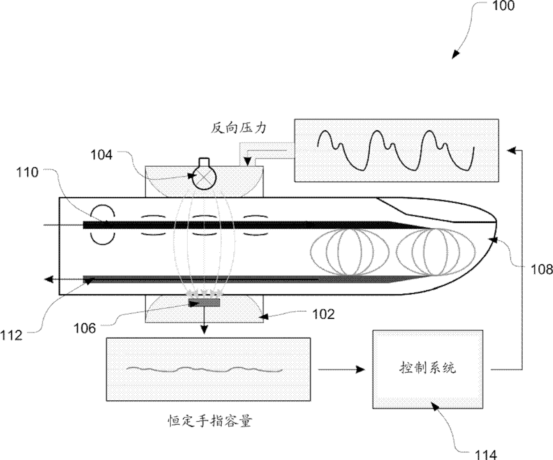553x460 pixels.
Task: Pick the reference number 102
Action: [323, 315]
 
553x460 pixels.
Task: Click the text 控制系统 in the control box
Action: [427, 368]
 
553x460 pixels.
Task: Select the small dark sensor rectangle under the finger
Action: [204, 303]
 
